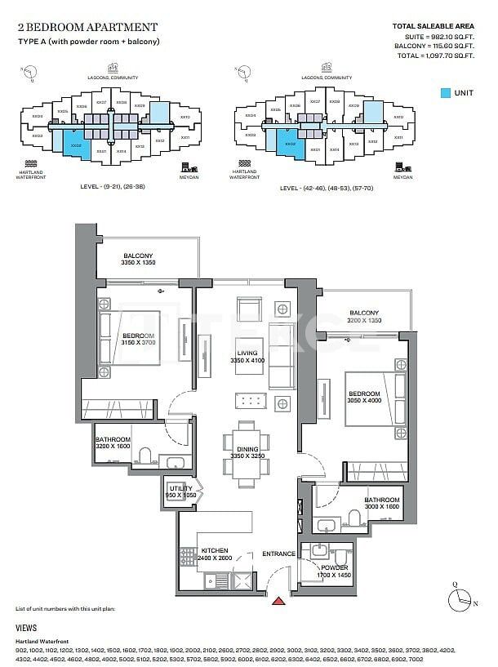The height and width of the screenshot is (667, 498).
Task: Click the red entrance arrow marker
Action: pyautogui.click(x=278, y=601)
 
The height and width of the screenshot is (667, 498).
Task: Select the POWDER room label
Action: pyautogui.click(x=334, y=567)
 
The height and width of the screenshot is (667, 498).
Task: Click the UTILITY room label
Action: pyautogui.click(x=180, y=487)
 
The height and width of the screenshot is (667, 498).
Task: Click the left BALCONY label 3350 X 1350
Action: pyautogui.click(x=138, y=259)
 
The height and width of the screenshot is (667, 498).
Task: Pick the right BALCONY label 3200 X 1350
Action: pyautogui.click(x=363, y=317)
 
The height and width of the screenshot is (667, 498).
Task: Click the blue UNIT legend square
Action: pyautogui.click(x=446, y=93)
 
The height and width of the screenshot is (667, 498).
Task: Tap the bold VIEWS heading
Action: pyautogui.click(x=26, y=628)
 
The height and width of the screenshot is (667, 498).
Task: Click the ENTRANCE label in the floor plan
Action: pyautogui.click(x=278, y=554)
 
